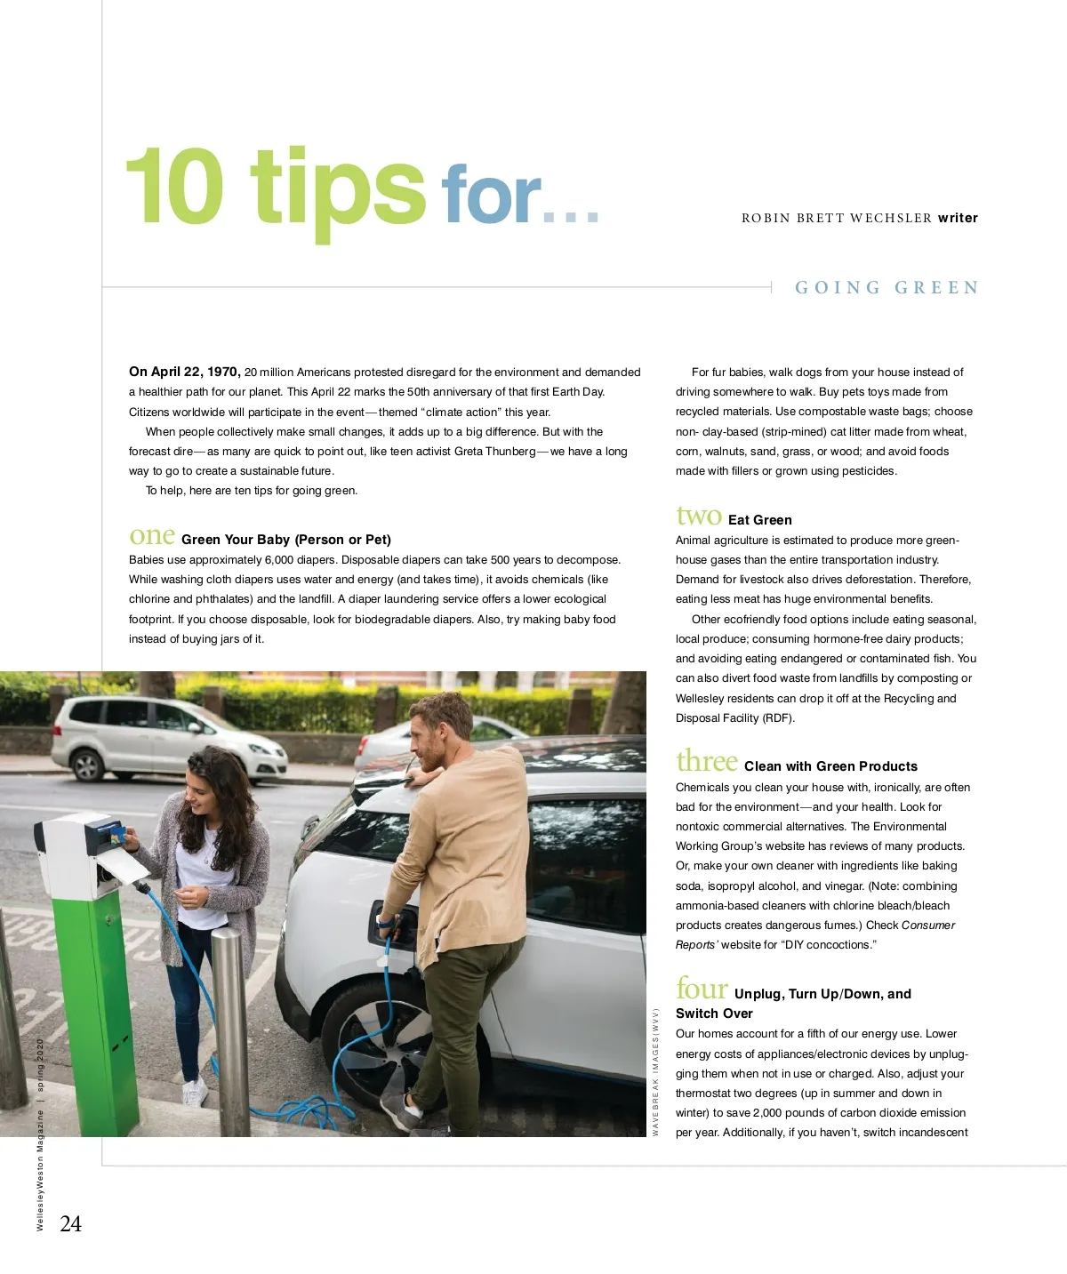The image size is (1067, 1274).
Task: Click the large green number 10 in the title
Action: (x=174, y=186)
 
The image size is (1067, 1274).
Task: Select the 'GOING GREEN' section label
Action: (x=886, y=287)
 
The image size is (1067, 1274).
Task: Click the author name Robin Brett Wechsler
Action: (x=837, y=218)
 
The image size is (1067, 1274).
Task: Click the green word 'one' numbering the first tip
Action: (x=152, y=536)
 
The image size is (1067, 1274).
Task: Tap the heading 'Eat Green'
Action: (x=759, y=520)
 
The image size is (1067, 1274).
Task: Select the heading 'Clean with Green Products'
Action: (x=830, y=766)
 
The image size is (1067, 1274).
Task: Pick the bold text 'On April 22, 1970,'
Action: (x=184, y=372)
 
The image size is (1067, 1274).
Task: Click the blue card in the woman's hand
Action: (x=117, y=831)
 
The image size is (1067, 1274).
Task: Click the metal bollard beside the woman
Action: (x=230, y=1031)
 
